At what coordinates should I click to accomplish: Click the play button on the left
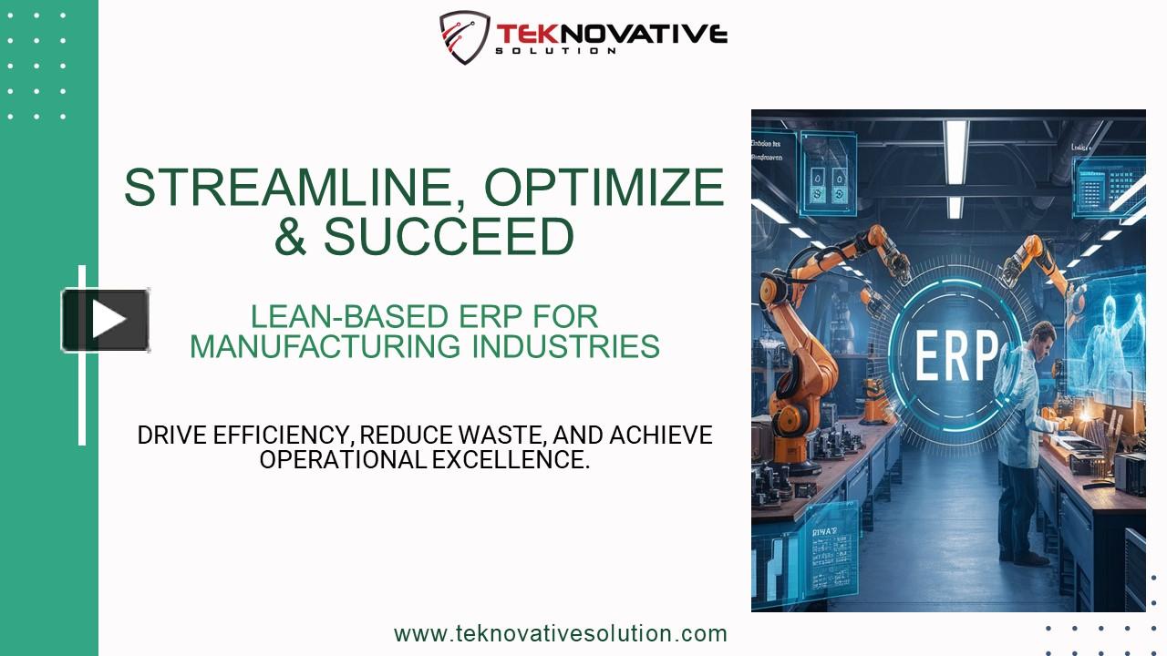(106, 320)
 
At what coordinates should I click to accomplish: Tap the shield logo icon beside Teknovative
(464, 37)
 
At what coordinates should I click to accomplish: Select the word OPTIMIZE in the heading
(604, 188)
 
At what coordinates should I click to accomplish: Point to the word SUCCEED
(449, 236)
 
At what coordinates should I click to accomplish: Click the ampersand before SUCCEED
(291, 236)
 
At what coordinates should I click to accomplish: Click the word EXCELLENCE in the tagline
(511, 460)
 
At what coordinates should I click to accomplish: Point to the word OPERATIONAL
(342, 460)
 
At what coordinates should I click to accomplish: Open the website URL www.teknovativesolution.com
(560, 633)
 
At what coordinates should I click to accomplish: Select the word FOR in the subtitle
(564, 317)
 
